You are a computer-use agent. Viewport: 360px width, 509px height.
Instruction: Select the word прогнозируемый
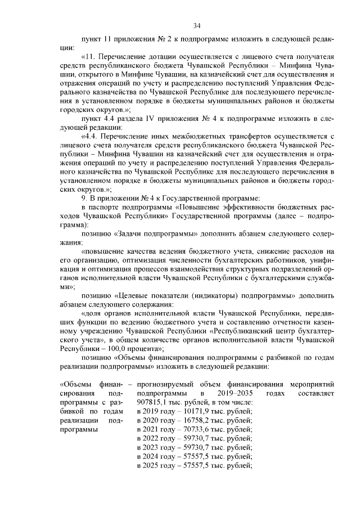pos(164,384)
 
